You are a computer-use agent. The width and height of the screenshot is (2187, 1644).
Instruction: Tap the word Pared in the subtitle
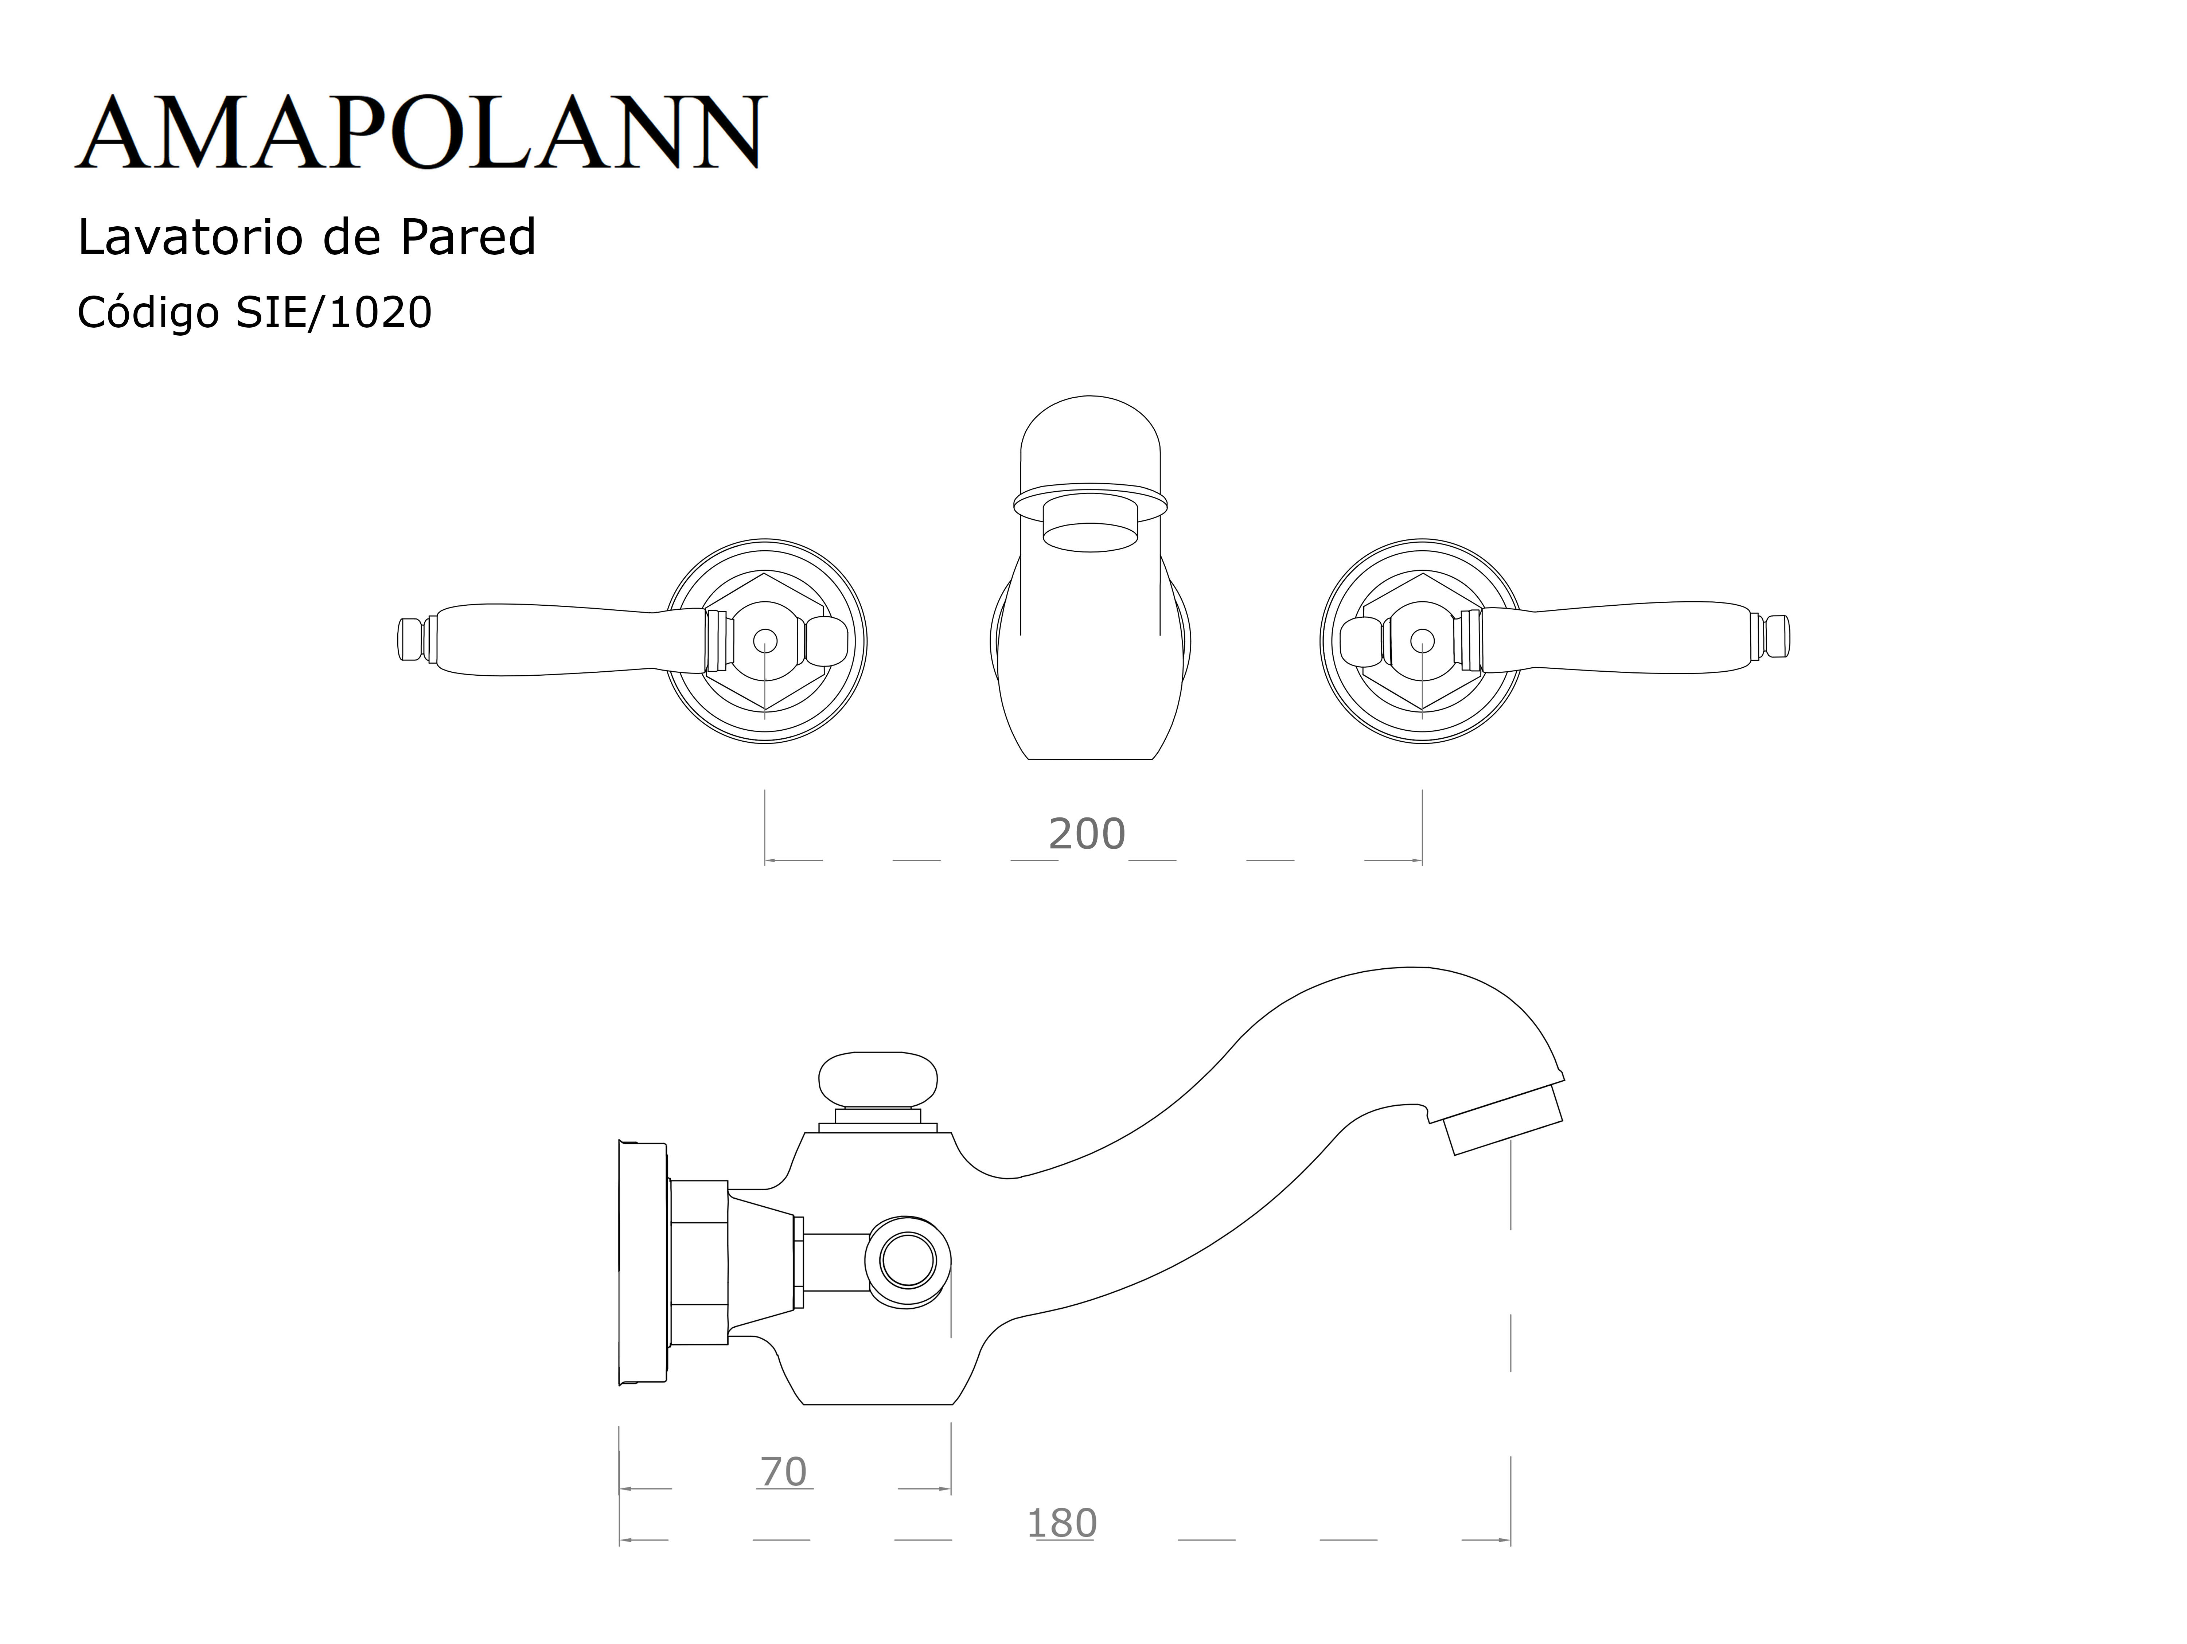468,237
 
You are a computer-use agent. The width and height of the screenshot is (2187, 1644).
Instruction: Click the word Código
148,313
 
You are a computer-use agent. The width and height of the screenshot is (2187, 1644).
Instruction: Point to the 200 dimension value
1087,834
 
